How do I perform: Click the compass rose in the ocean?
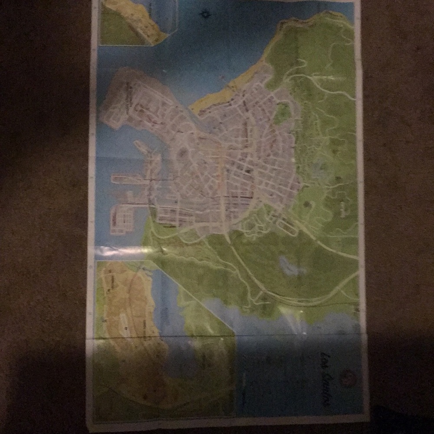203,14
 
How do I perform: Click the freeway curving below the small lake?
299,299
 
